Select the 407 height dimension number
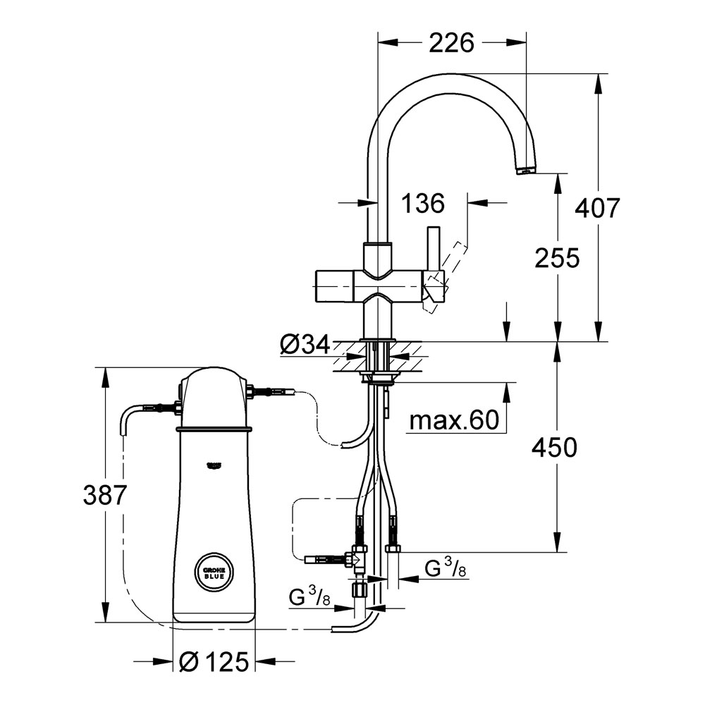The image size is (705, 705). pos(598,208)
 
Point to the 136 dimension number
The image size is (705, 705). pos(423,204)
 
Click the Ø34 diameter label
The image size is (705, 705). pos(305,345)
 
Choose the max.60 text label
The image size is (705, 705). pos(454,421)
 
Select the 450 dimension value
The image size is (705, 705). pos(555,447)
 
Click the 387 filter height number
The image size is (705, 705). pos(104,496)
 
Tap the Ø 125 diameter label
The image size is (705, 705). pos(214,661)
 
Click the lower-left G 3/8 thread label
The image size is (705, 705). pos(310,599)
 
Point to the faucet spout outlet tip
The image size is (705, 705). pos(526,171)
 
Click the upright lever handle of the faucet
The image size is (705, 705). pos(431,251)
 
